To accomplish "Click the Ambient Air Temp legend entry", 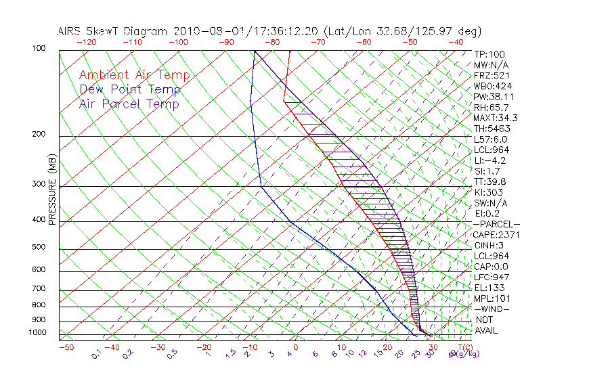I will tap(134, 75).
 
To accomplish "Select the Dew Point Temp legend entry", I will tap(130, 89).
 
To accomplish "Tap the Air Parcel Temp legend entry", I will tap(129, 104).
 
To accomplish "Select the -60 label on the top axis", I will tap(364, 42).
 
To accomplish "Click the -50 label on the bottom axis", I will tap(66, 347).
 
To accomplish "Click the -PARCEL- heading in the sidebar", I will tap(496, 224).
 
